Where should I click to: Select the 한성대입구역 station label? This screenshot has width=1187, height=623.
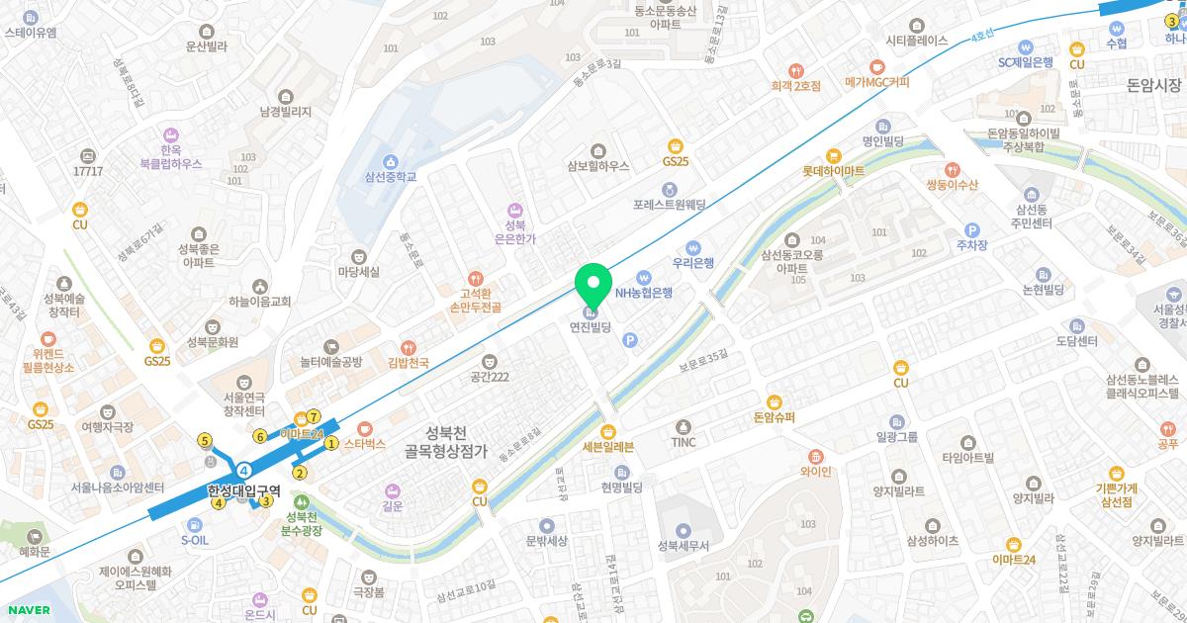coord(244,489)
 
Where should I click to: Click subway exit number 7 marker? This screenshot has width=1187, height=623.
coord(314,416)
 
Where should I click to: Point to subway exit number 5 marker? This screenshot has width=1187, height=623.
coord(205,441)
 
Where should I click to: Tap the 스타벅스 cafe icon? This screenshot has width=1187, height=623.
coord(364,430)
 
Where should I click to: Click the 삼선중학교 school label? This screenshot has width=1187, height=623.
coord(390,177)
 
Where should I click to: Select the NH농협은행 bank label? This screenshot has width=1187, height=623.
coord(643,293)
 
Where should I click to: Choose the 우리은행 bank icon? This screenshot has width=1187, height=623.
coord(693,247)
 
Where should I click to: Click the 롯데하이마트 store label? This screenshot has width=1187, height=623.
coord(833,171)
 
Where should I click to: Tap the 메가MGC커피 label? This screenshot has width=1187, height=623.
coord(876,83)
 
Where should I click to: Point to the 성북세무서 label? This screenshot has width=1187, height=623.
coord(684,544)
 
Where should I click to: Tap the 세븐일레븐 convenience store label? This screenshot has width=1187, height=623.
coord(607,446)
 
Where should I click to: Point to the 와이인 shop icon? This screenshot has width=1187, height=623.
coord(815,456)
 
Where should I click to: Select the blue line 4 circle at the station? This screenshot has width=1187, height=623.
coord(243,469)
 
